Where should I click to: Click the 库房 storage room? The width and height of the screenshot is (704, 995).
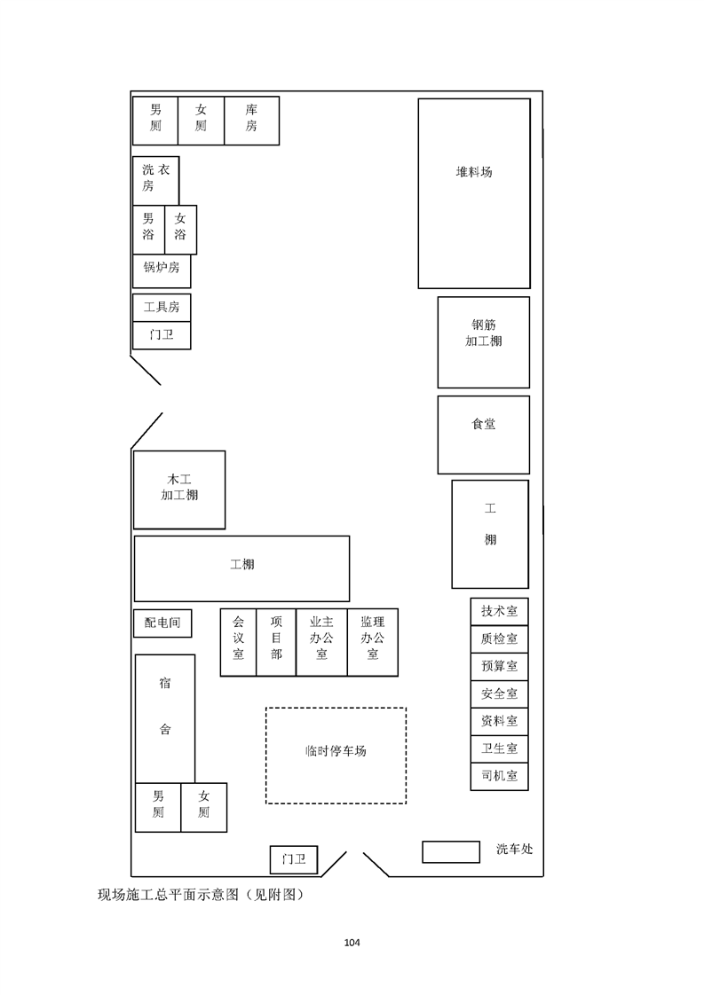coord(251,121)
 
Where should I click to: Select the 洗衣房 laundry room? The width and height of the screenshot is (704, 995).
coord(155,181)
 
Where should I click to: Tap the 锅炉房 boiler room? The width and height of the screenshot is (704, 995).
coord(162,271)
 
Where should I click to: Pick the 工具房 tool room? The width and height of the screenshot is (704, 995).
coord(162,308)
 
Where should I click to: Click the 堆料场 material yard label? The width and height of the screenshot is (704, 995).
coord(474,172)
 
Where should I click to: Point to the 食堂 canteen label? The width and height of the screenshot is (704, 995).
coord(484,424)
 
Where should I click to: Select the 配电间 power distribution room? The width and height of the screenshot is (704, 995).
coord(162,623)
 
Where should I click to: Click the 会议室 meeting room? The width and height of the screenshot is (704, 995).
coord(238,642)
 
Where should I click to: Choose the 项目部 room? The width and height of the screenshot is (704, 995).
coord(276,642)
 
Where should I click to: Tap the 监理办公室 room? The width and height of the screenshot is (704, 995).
coord(373,642)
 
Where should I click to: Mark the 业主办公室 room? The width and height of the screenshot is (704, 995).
coord(321,642)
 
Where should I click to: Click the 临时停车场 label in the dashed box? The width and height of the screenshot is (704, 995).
coord(336,751)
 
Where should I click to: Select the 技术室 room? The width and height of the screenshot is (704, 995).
coord(500,612)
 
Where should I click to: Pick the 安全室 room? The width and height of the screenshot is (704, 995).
coord(500,694)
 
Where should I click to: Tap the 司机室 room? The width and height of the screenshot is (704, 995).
coord(500,776)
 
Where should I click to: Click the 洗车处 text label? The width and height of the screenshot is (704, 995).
coord(515,849)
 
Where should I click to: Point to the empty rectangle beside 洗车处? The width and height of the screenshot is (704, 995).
coord(451,852)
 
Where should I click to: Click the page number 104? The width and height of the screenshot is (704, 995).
coord(352,943)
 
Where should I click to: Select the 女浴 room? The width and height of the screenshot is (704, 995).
coord(180,230)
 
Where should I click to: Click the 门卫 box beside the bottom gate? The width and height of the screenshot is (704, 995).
coord(294,860)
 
